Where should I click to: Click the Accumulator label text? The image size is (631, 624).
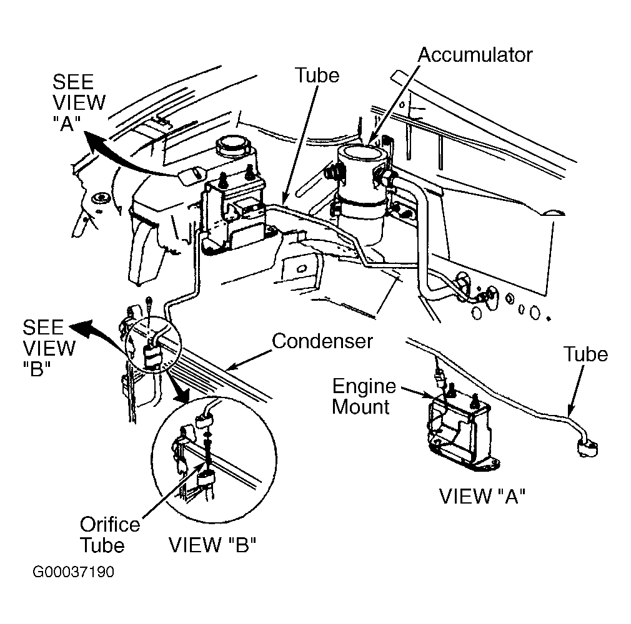[x=475, y=55]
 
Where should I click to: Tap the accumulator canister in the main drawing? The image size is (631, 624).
[x=360, y=193]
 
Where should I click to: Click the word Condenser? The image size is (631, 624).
[x=322, y=341]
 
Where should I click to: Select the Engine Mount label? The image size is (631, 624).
[x=364, y=396]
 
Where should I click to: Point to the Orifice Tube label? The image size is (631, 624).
[x=109, y=535]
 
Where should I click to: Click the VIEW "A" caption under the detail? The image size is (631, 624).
[x=482, y=496]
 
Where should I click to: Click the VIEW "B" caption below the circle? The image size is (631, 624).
[x=212, y=545]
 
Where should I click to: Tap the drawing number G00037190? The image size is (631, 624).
[x=73, y=572]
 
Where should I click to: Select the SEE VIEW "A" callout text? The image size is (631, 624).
[x=79, y=102]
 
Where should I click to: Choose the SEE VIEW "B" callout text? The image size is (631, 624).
[x=49, y=348]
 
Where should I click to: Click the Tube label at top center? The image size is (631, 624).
[x=317, y=75]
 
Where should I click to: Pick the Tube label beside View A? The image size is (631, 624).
[x=585, y=354]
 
